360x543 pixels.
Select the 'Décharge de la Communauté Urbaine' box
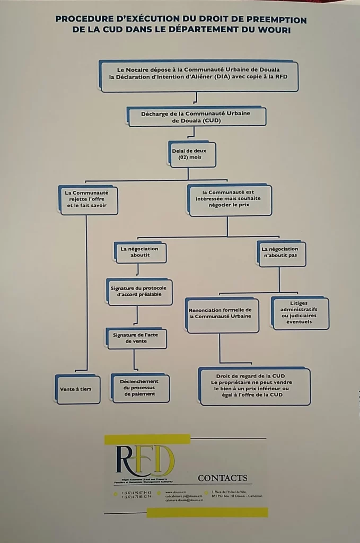pos(196,117)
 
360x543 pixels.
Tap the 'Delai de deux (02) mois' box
pos(192,154)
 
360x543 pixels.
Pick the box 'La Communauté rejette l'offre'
pos(89,200)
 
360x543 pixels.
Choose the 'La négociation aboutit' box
pos(140,252)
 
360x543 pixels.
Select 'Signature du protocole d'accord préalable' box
pos(139,291)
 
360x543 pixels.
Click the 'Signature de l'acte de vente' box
pos(137,338)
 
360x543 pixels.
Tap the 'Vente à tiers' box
pos(77,389)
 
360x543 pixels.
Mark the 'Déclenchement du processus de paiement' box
pos(141,389)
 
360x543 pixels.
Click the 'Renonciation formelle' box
pos(222,315)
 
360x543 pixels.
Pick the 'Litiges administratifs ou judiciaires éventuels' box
pos(300,313)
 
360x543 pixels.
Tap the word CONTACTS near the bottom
pos(222,478)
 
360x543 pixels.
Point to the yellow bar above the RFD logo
pos(147,439)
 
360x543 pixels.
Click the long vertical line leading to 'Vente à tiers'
pos(86,292)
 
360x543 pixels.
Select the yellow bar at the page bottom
pos(207,512)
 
